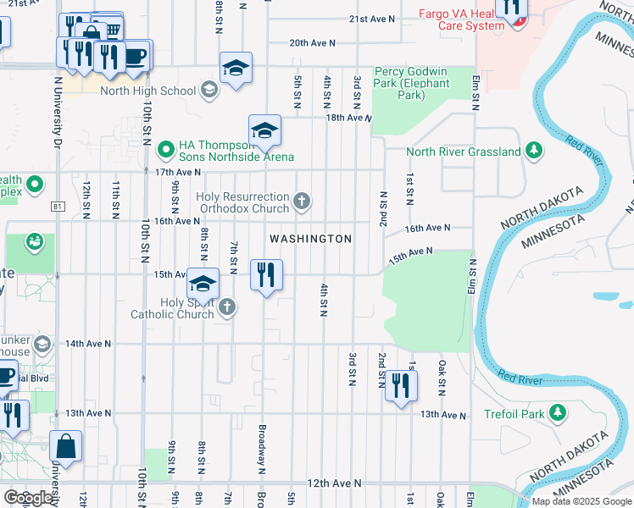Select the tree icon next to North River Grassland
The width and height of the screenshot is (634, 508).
click(x=533, y=152)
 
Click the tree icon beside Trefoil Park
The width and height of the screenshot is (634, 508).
click(x=557, y=412)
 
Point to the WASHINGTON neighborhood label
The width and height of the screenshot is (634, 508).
click(x=310, y=240)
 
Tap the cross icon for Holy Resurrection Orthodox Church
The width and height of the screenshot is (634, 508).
click(x=302, y=202)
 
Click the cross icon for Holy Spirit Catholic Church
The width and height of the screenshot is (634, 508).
click(x=226, y=308)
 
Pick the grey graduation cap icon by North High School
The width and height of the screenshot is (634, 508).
click(x=209, y=91)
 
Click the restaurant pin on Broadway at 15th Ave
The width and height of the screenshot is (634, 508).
click(x=266, y=275)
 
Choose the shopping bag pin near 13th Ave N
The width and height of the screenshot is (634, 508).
click(x=65, y=445)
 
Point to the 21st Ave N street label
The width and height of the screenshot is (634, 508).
click(x=372, y=19)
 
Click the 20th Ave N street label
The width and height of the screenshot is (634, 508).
click(x=312, y=42)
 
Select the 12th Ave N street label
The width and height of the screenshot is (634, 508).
click(x=334, y=483)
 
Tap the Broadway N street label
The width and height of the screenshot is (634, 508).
click(x=263, y=449)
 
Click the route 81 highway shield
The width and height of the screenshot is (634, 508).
click(x=58, y=206)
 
